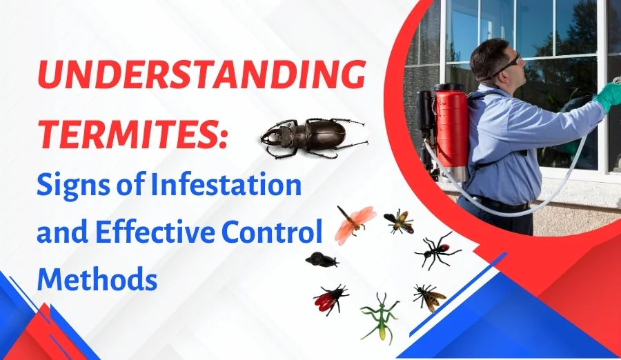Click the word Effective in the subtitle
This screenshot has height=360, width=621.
click(x=156, y=232)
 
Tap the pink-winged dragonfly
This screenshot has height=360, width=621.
click(x=354, y=223)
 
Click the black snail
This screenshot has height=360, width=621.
click(x=322, y=260)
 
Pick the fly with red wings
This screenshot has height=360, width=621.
click(x=329, y=298)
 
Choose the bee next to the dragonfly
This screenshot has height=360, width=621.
click(x=399, y=220)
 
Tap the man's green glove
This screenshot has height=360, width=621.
click(x=608, y=97)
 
